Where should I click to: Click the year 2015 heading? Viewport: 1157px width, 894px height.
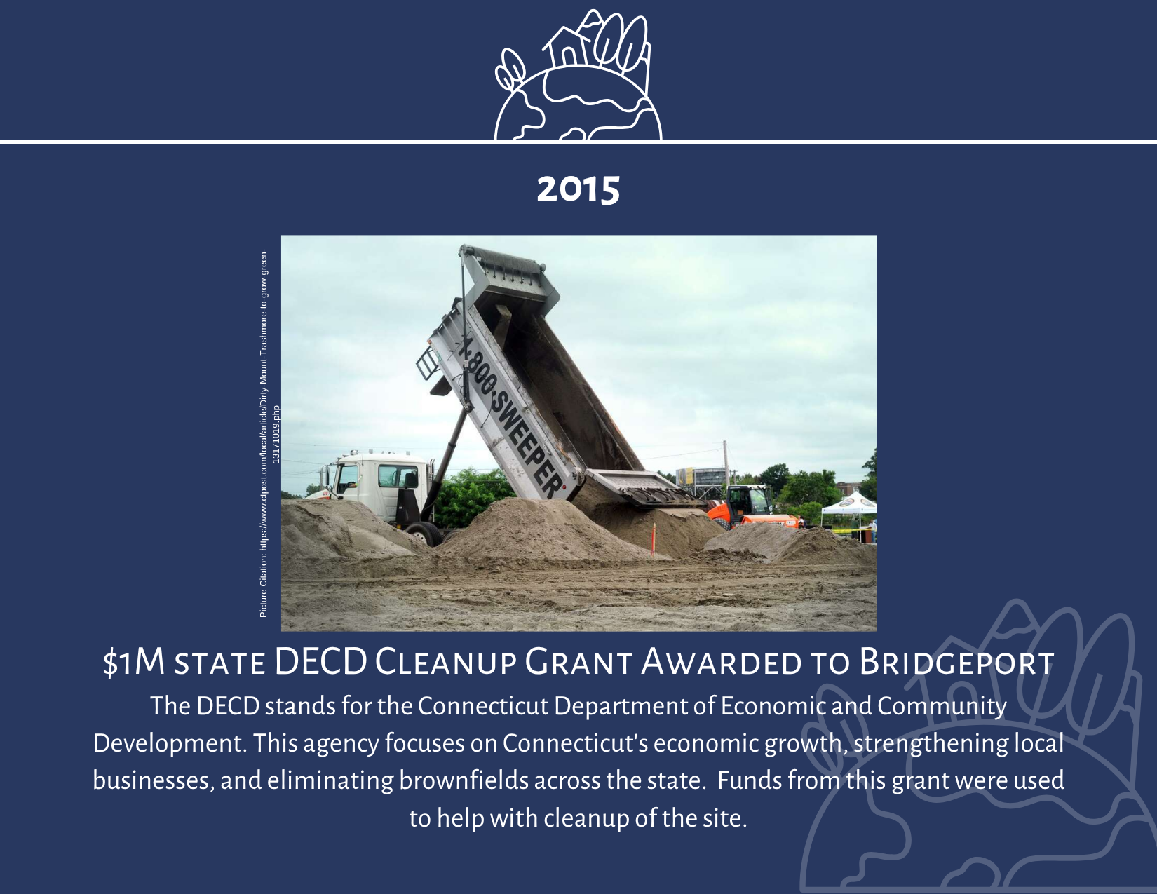(578, 189)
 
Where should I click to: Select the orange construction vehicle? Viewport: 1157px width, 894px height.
(752, 508)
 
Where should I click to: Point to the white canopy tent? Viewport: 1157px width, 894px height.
(850, 506)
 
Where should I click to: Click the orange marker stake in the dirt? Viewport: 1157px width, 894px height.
(654, 540)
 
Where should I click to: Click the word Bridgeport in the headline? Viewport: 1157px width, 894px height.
(956, 663)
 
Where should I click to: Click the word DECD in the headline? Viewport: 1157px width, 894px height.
(320, 663)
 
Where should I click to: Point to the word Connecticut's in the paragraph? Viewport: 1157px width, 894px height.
(574, 743)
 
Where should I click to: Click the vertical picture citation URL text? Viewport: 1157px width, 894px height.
(269, 433)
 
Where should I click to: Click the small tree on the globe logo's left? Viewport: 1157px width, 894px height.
(510, 69)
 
